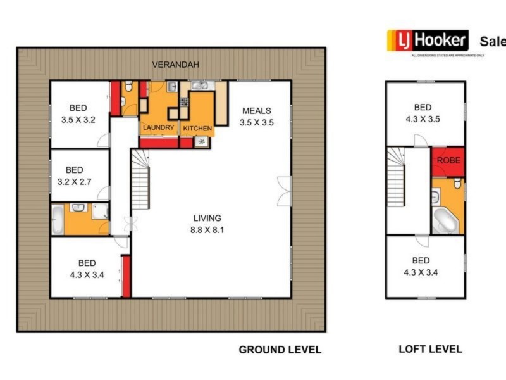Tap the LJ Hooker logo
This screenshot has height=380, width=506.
click(x=428, y=41)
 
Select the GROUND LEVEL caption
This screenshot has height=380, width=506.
click(x=280, y=350)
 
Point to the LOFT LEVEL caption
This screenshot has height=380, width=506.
click(x=430, y=349)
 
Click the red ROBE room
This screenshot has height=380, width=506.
click(x=448, y=161)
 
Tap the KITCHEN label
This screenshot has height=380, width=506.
click(x=197, y=129)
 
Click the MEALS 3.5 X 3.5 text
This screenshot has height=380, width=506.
click(x=256, y=117)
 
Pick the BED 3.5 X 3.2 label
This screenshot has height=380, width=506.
click(x=78, y=113)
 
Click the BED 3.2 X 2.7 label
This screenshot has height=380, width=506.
click(x=74, y=175)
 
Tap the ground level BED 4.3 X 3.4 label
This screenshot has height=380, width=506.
click(x=87, y=269)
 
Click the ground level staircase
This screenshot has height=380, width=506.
click(x=141, y=179)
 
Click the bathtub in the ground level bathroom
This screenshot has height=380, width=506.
click(x=57, y=219)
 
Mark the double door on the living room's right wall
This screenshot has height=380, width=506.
click(x=285, y=191)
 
